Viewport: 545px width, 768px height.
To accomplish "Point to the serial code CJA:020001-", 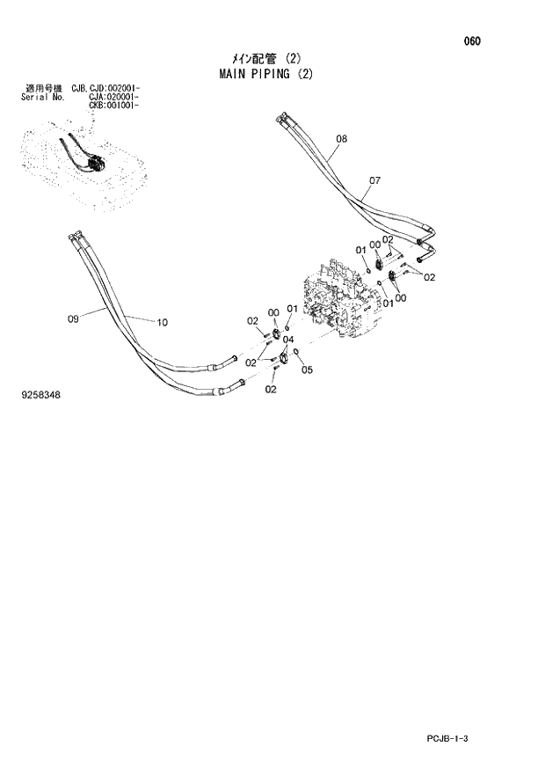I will coord(114,97).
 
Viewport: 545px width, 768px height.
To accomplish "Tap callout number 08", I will coord(341,139).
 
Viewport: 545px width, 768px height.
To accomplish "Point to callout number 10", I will coord(161,322).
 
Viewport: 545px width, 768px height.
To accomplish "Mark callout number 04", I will coord(287,340).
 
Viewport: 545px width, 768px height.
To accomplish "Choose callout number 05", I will coord(307,369).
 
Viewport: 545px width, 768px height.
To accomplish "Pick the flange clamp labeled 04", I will coord(283,356).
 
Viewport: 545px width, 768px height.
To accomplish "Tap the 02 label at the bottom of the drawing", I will coord(271,389).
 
